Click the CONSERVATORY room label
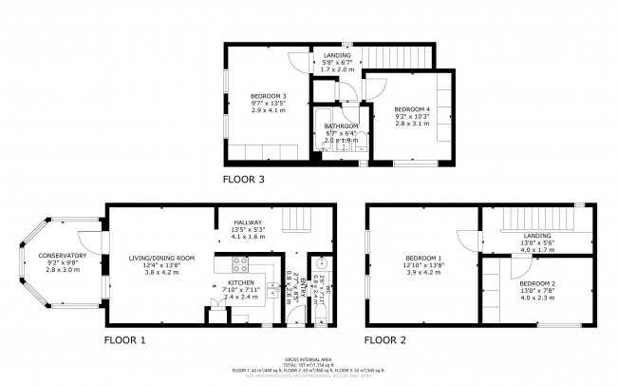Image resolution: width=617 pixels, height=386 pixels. click(x=63, y=256)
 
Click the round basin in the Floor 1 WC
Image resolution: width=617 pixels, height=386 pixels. click(x=321, y=263)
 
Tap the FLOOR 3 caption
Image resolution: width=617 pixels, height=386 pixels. click(x=244, y=178)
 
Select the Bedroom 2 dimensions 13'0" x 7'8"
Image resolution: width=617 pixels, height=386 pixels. click(x=537, y=290)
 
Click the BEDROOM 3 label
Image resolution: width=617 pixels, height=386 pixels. click(x=268, y=96)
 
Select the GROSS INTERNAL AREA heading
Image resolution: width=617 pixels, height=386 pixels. click(x=308, y=353)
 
